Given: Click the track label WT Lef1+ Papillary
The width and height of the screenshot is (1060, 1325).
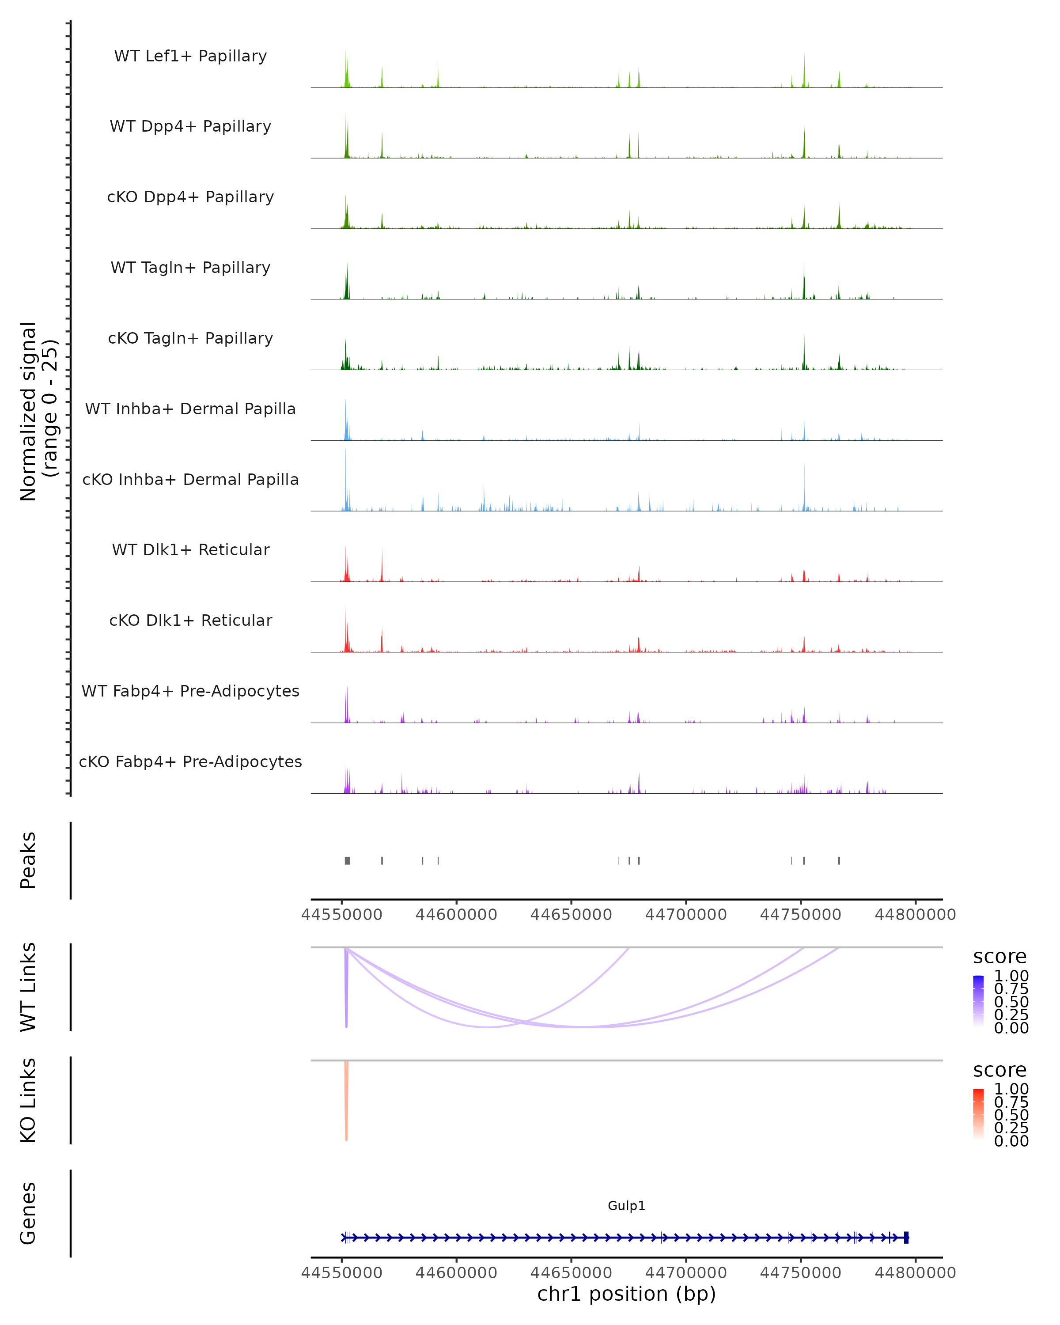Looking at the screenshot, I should (190, 56).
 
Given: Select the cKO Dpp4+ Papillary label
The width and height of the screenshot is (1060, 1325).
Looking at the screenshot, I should (190, 197).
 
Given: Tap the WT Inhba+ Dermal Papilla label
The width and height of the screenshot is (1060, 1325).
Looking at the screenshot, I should (190, 409).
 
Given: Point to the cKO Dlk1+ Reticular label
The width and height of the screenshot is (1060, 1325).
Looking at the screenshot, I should (190, 621).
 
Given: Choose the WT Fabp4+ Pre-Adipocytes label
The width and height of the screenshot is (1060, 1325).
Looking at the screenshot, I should (190, 691).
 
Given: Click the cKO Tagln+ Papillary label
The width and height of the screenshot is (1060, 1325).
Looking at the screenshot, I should (190, 339).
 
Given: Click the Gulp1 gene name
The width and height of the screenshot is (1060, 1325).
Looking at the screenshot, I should (626, 1206).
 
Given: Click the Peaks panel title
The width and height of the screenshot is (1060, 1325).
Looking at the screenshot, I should (28, 860).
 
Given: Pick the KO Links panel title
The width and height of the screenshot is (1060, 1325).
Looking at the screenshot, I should (28, 1101).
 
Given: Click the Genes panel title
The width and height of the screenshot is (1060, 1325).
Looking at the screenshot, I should (28, 1213).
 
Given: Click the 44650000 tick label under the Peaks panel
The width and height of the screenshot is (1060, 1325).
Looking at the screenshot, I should (571, 915).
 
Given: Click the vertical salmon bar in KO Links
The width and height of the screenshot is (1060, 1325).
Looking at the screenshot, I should (347, 1100).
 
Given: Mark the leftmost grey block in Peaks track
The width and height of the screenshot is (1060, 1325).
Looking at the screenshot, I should (347, 860).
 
